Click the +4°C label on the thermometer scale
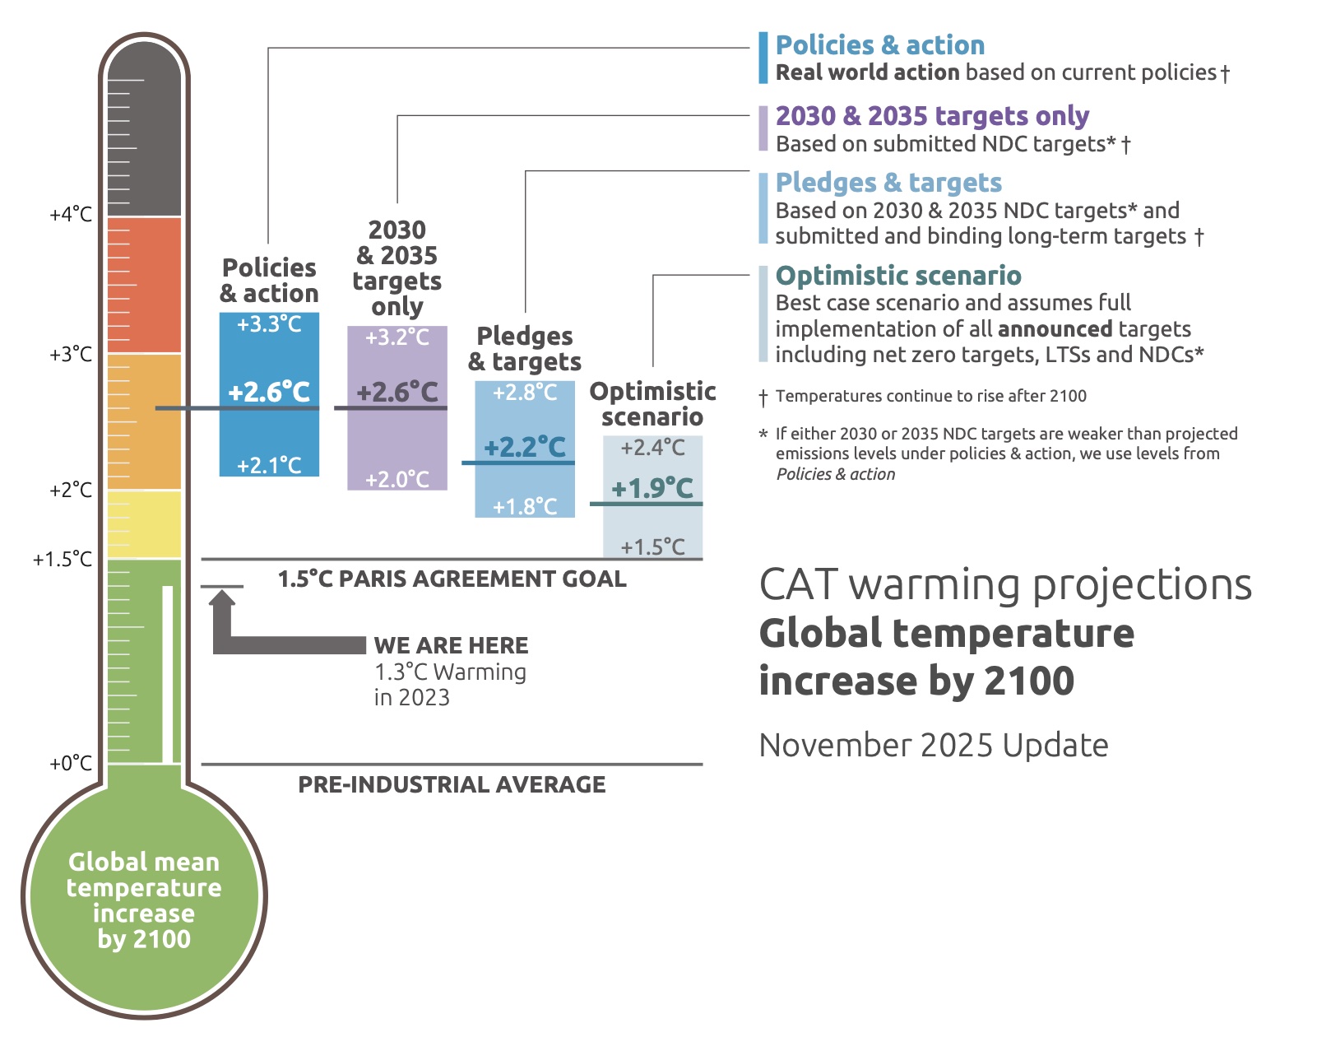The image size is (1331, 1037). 71,215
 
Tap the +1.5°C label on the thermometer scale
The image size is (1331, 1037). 63,560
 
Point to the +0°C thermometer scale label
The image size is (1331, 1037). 71,764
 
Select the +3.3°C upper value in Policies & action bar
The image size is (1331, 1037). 269,324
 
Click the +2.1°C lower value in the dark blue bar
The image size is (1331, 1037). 269,466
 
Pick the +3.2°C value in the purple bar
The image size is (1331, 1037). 397,337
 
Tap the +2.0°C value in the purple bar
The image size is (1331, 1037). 397,479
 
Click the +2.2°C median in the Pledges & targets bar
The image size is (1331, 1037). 525,447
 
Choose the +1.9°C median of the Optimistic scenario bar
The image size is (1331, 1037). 652,488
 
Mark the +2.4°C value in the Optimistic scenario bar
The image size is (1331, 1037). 652,448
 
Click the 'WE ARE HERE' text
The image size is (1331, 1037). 451,645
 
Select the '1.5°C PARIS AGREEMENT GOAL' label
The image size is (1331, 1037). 452,579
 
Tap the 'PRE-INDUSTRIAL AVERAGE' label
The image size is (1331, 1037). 452,784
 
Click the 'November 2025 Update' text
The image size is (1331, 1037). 934,746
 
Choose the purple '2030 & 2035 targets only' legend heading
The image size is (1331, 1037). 932,116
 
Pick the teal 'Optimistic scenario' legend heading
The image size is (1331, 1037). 898,276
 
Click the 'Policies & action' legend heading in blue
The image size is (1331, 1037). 879,45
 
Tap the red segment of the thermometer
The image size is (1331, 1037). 144,285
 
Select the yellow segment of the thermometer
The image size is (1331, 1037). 144,524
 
